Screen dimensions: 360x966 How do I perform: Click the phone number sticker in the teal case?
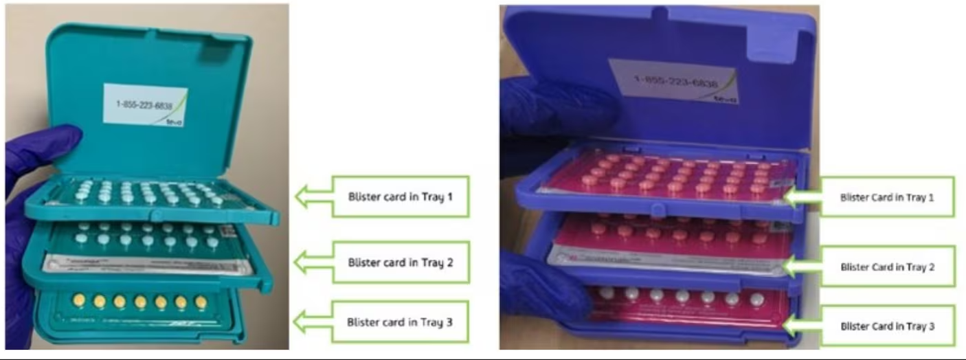pyautogui.click(x=145, y=105)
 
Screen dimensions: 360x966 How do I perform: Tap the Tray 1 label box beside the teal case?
pyautogui.click(x=400, y=196)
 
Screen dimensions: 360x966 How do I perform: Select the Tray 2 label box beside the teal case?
pyautogui.click(x=400, y=262)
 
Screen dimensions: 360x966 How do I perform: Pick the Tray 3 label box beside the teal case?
pyautogui.click(x=400, y=322)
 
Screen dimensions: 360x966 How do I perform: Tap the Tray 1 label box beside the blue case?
pyautogui.click(x=887, y=197)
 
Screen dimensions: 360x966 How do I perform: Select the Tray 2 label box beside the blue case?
pyautogui.click(x=887, y=267)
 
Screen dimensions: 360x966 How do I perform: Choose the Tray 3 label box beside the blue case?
pyautogui.click(x=887, y=326)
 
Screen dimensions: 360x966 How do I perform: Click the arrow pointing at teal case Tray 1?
pyautogui.click(x=313, y=196)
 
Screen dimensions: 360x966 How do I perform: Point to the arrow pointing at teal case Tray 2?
pyautogui.click(x=313, y=262)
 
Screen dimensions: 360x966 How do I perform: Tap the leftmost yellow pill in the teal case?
pyautogui.click(x=79, y=300)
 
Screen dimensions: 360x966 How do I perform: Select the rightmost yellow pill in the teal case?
pyautogui.click(x=201, y=302)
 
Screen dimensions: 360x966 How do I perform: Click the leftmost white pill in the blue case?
pyautogui.click(x=606, y=293)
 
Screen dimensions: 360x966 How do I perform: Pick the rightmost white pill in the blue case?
pyautogui.click(x=757, y=300)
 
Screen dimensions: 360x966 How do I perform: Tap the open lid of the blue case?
pyautogui.click(x=660, y=41)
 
